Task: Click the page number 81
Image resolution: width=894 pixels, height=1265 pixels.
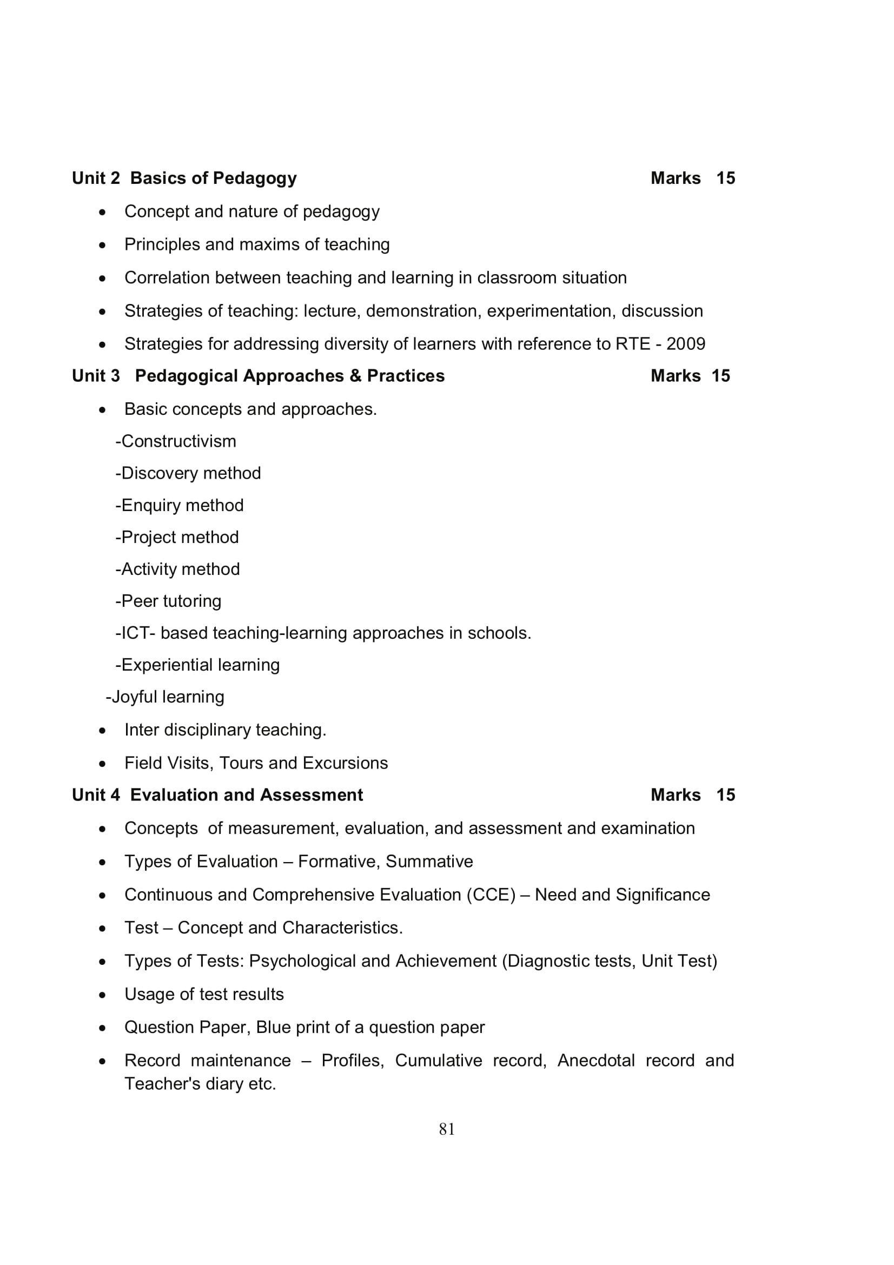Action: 447,1129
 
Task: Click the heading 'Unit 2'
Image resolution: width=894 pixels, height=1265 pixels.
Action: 96,178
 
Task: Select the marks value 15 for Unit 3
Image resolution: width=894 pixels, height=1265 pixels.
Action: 720,376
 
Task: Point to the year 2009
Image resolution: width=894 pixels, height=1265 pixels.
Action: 686,344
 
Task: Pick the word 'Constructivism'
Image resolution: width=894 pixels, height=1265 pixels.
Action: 178,441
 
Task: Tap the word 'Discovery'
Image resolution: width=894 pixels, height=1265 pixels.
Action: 163,473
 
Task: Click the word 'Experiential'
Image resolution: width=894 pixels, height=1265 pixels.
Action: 167,665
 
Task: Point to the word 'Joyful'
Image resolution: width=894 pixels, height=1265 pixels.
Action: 135,697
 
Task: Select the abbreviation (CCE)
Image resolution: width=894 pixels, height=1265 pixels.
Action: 491,895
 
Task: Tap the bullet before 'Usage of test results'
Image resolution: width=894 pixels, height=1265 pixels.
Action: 102,995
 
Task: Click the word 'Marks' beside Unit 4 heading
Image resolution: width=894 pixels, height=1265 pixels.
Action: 676,795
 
